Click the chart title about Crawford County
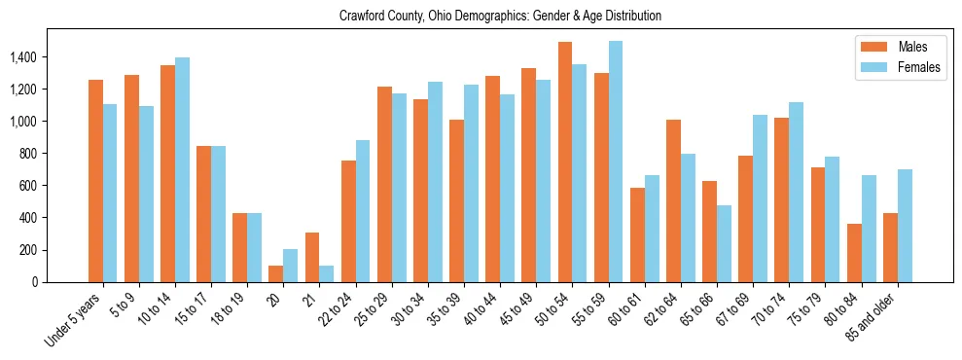point(500,16)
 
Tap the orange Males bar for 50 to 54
point(565,162)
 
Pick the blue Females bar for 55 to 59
point(616,162)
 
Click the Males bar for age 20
point(275,273)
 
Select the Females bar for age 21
point(326,273)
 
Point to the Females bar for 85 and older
point(905,226)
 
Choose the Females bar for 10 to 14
point(182,169)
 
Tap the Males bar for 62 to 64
point(673,200)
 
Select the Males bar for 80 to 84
point(854,253)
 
